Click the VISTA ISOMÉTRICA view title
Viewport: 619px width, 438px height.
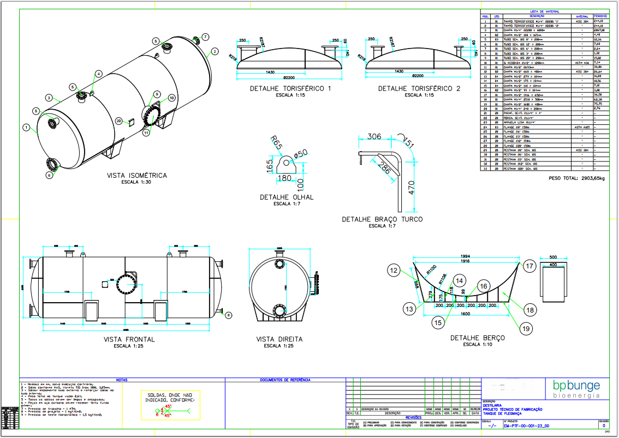coord(137,176)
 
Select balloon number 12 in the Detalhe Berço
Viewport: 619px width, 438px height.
coord(395,269)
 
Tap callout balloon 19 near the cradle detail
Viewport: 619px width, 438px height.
coord(525,328)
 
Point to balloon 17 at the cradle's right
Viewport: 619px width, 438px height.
coord(529,266)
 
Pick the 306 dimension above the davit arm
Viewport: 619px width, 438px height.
coord(374,136)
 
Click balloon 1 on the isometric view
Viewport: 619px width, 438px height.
coord(26,127)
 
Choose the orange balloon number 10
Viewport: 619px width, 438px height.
coord(172,98)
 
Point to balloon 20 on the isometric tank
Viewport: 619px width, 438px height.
coord(118,121)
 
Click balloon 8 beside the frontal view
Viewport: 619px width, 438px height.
coord(229,315)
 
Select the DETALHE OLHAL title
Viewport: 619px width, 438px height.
coord(287,197)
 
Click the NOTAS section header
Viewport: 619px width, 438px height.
coord(122,380)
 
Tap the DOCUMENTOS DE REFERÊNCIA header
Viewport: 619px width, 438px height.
coord(285,380)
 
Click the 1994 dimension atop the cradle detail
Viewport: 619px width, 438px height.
coord(464,256)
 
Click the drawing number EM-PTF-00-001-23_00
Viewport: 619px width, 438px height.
coord(526,427)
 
